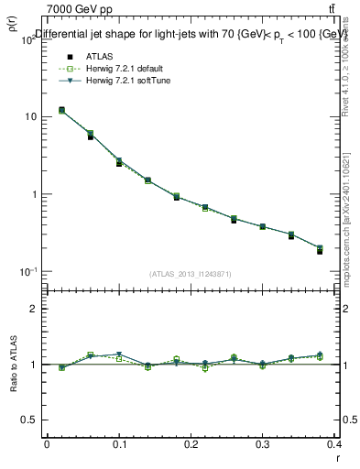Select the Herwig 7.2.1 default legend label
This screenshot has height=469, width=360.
point(126,68)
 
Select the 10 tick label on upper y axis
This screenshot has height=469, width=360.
point(29,117)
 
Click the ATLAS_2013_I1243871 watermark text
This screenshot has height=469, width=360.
point(191,275)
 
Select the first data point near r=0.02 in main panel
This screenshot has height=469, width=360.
point(61,110)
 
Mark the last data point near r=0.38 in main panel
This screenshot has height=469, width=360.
point(320,250)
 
